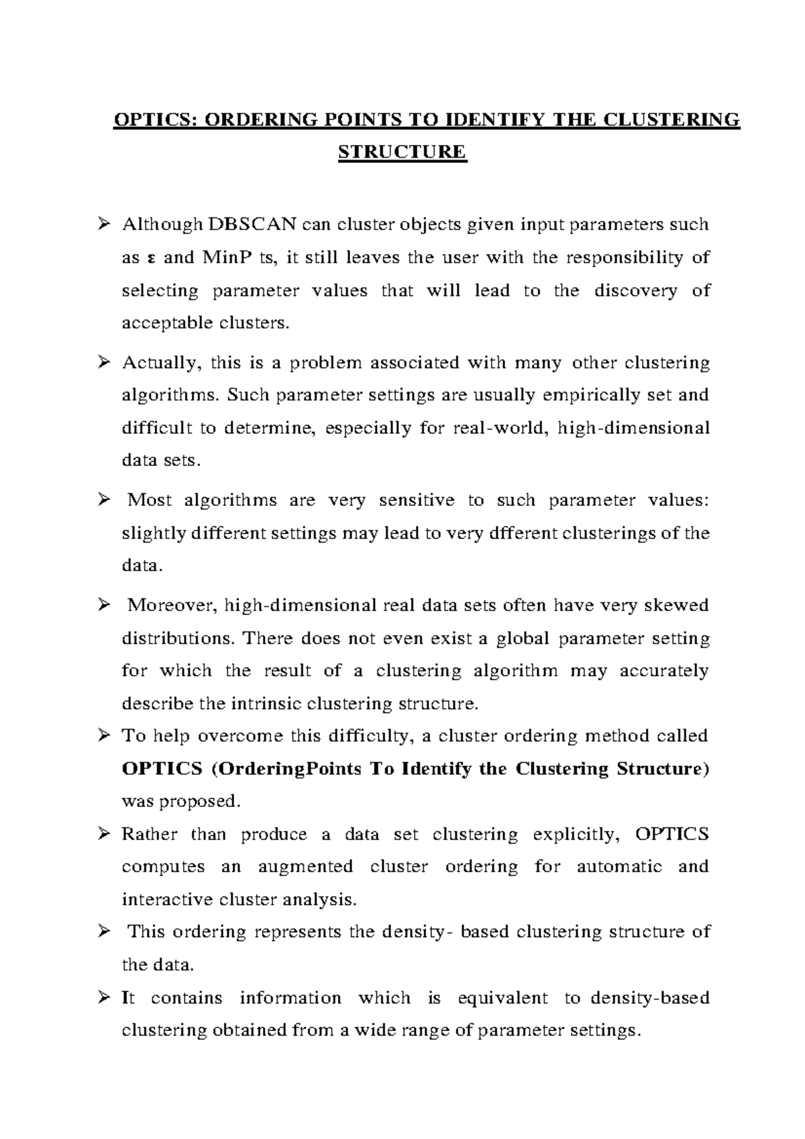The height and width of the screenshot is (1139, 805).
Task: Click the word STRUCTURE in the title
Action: coord(402,152)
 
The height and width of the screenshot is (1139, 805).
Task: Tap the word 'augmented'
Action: coord(305,867)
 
